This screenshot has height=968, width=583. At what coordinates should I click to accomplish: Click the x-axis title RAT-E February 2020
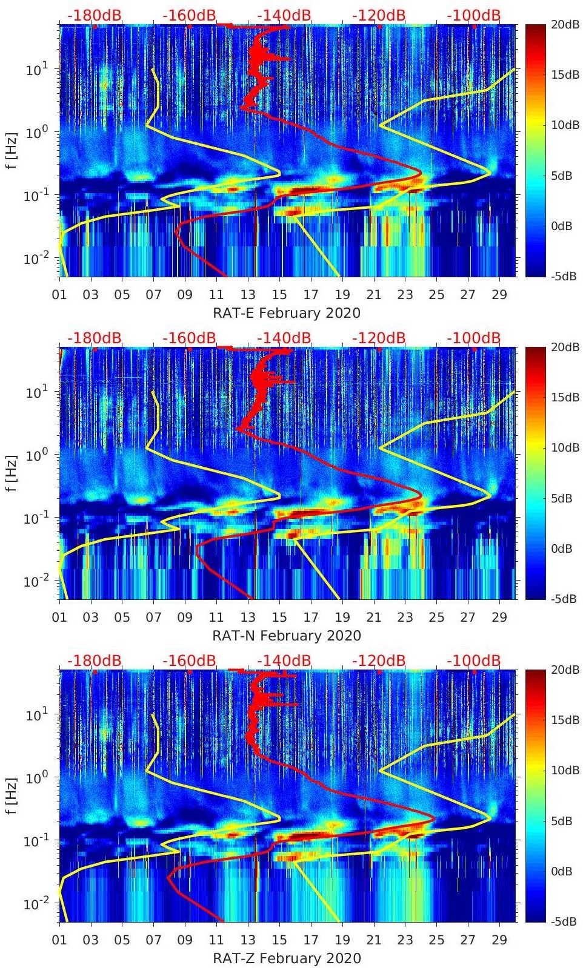click(287, 313)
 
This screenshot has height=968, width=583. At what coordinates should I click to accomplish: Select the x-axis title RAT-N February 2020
click(287, 636)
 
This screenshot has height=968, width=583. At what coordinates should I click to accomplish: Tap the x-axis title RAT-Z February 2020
click(287, 958)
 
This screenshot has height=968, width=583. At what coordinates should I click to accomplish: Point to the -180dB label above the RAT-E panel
click(95, 15)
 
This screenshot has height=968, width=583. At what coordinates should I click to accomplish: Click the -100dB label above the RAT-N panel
click(474, 338)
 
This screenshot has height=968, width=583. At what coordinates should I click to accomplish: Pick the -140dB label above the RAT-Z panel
click(284, 660)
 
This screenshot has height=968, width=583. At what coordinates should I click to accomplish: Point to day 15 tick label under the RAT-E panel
click(279, 295)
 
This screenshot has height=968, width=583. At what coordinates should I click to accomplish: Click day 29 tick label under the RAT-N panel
click(499, 617)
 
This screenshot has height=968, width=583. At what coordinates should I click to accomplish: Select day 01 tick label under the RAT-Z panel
click(59, 940)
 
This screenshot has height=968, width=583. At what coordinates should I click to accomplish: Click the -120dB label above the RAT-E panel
click(379, 15)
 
